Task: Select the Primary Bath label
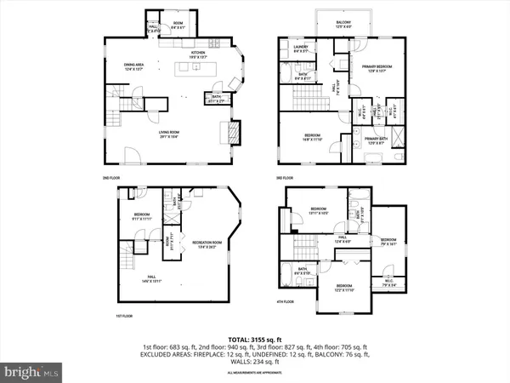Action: (x=378, y=141)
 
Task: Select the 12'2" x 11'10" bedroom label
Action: (x=344, y=288)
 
